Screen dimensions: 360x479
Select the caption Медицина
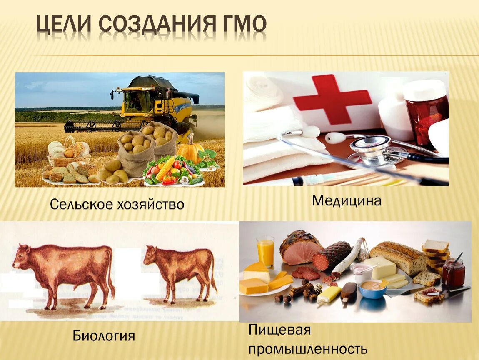point(347,201)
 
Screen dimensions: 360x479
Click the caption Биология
point(104,335)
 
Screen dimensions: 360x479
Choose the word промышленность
point(308,349)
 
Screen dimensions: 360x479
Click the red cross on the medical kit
point(332,100)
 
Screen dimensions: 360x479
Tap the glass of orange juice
point(265,251)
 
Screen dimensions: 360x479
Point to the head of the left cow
point(22,256)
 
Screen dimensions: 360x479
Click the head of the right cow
point(151,255)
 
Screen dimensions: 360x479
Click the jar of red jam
point(453,273)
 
